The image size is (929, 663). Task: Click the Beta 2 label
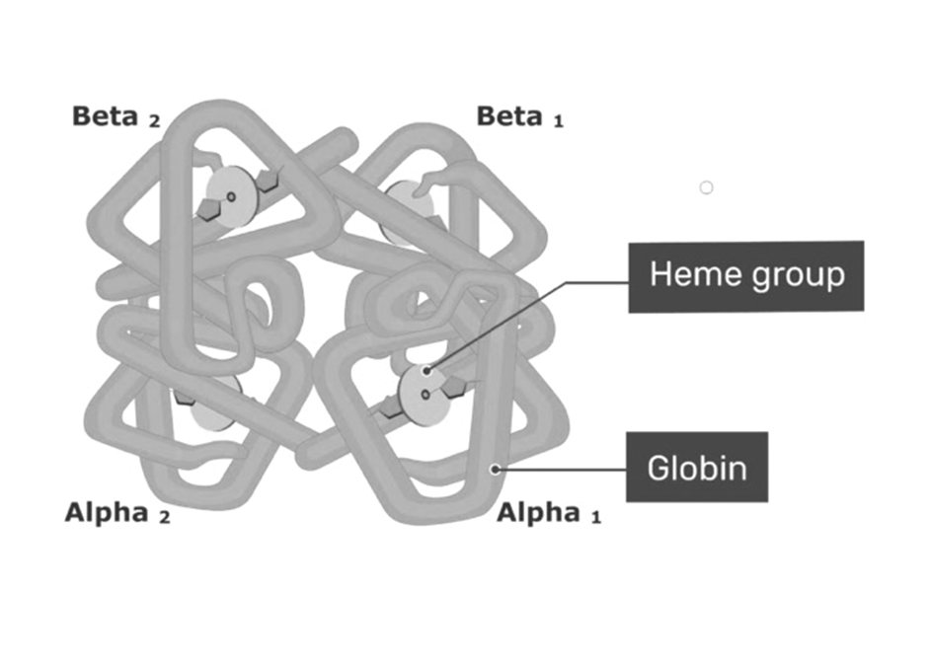coord(116,116)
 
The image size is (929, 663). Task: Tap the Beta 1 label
coord(519,116)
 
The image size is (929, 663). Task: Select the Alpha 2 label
coord(117,513)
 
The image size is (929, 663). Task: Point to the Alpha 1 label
coord(549,513)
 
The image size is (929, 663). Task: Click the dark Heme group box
coord(746,276)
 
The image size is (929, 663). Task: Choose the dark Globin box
coord(697,468)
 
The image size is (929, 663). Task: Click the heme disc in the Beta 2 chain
coord(230,196)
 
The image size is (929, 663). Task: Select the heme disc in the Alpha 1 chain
coord(425,395)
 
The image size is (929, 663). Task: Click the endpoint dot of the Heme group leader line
coord(426,371)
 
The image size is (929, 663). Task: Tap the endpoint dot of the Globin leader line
coord(496,470)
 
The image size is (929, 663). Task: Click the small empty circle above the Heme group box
coord(706,187)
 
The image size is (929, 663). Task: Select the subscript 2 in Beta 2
coord(154,121)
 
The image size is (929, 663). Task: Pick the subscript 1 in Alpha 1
coord(596,518)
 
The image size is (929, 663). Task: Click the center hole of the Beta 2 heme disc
coord(232,196)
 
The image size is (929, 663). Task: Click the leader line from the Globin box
coord(562,470)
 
